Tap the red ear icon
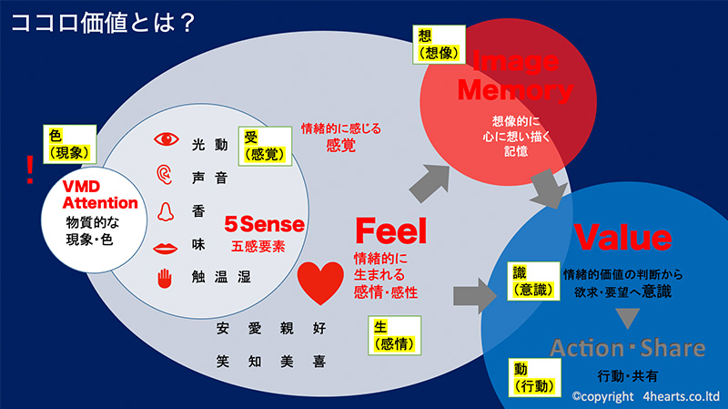pyautogui.click(x=165, y=175)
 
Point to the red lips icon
pyautogui.click(x=166, y=247)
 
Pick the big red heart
pyautogui.click(x=321, y=281)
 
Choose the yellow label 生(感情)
pyautogui.click(x=395, y=334)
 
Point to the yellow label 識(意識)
pyautogui.click(x=530, y=281)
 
